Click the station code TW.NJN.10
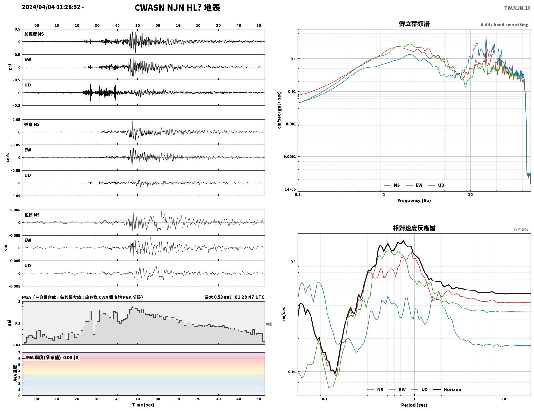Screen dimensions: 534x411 point(517,8)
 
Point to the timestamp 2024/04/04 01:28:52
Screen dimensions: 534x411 point(51,7)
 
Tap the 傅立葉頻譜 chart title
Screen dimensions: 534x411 point(414,24)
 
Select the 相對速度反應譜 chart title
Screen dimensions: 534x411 point(414,228)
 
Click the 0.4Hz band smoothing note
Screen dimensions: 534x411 point(504,25)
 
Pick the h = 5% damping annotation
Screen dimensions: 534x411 point(521,229)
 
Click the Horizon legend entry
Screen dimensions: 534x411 point(447,389)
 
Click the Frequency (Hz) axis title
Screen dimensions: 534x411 point(414,201)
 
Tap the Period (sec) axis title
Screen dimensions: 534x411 point(414,405)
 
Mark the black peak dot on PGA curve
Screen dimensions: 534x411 point(132,307)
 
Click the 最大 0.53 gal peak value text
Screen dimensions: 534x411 point(218,297)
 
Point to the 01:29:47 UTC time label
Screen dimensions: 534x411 point(250,297)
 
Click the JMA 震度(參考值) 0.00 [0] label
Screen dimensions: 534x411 point(52,357)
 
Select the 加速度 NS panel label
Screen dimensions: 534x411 point(34,34)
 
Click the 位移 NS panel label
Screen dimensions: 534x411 point(32,215)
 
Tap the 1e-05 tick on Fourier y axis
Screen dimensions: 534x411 point(290,189)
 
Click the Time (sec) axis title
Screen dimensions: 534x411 point(143,405)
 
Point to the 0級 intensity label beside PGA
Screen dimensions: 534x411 point(269,324)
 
